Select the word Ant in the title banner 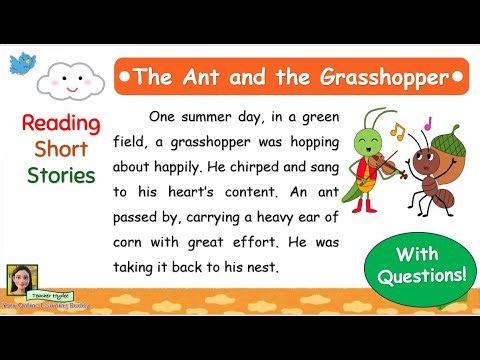pyautogui.click(x=201, y=76)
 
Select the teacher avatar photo pyautogui.click(x=20, y=280)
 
